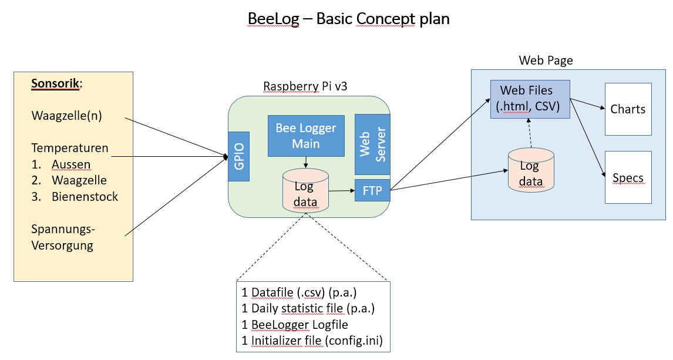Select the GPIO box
tap(238, 156)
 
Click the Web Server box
tap(372, 144)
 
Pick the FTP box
tap(372, 191)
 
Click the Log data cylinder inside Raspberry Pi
tap(305, 191)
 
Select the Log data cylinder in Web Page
tap(530, 171)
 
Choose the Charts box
tap(628, 110)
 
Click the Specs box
tap(628, 178)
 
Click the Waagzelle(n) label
tap(66, 116)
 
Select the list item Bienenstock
tap(85, 197)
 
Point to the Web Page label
tap(546, 60)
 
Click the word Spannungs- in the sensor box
tap(62, 229)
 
